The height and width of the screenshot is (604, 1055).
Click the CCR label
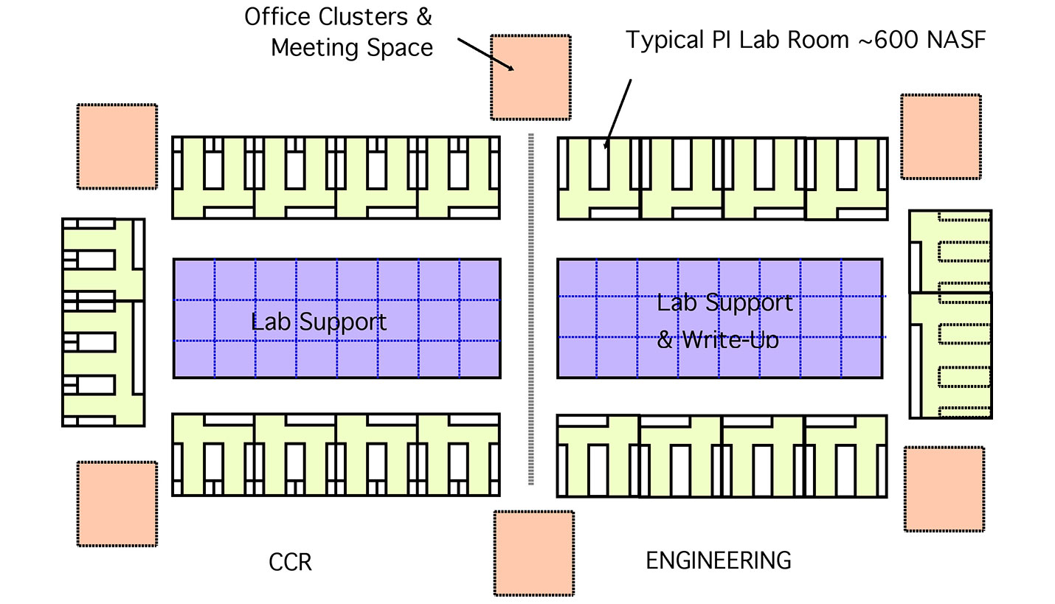pyautogui.click(x=290, y=563)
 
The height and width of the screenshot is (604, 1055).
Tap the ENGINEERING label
pyautogui.click(x=718, y=560)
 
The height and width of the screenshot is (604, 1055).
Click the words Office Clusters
pyautogui.click(x=338, y=17)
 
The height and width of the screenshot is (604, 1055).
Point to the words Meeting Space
pyautogui.click(x=351, y=47)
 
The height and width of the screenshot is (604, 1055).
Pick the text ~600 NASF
pyautogui.click(x=921, y=40)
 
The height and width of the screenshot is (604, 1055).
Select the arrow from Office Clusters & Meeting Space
pyautogui.click(x=485, y=54)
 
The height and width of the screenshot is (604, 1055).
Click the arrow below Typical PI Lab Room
pyautogui.click(x=618, y=114)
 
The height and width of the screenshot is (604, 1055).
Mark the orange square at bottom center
pyautogui.click(x=533, y=553)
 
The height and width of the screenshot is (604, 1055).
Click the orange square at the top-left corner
pyautogui.click(x=117, y=146)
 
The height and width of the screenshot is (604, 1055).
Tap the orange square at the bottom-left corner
pyautogui.click(x=117, y=504)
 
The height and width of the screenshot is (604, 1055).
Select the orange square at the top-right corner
pyautogui.click(x=941, y=136)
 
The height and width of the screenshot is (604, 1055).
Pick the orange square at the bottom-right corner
pyautogui.click(x=944, y=489)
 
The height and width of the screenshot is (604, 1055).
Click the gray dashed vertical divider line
pyautogui.click(x=530, y=310)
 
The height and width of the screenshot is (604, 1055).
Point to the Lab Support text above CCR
pyautogui.click(x=318, y=322)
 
